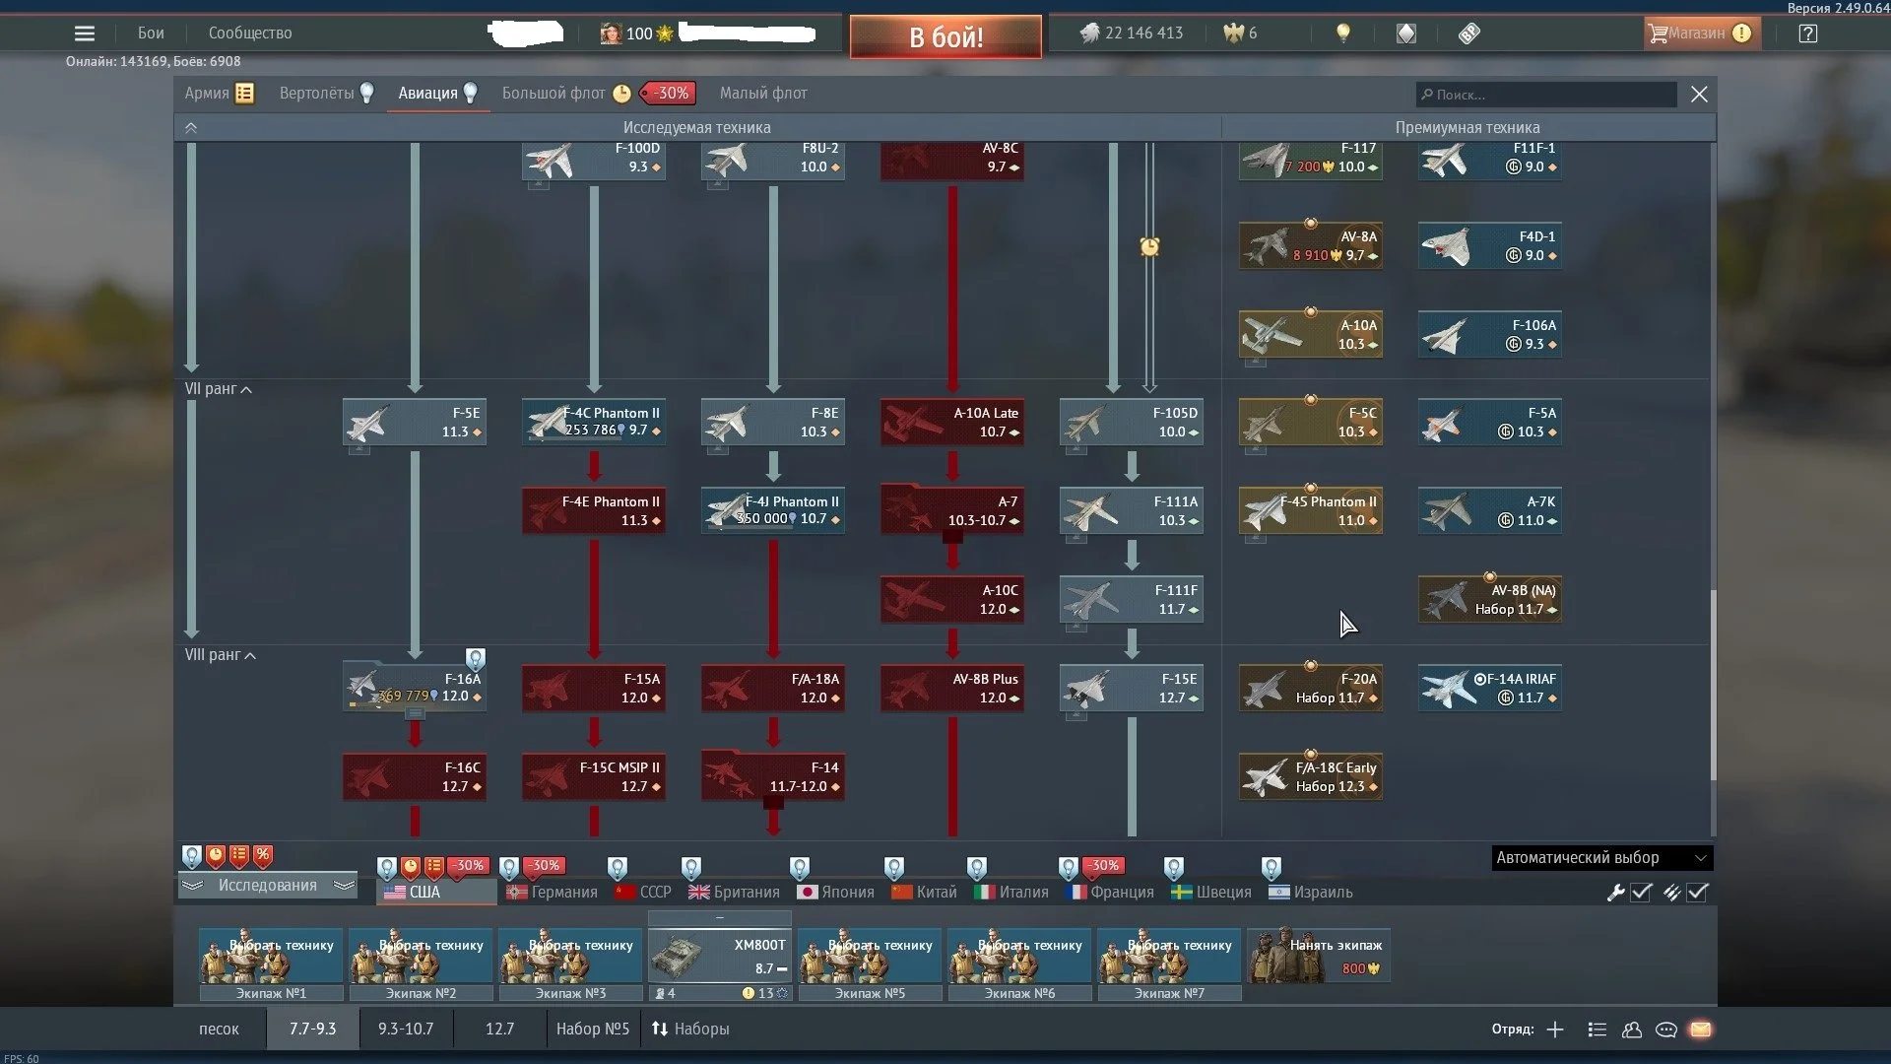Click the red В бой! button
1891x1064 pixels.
tap(945, 36)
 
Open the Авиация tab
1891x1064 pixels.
tap(428, 93)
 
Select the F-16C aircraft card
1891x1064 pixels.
tap(415, 776)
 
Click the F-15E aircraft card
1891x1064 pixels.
tap(1132, 688)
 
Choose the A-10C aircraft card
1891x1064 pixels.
tap(952, 599)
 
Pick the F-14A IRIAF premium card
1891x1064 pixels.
tap(1490, 688)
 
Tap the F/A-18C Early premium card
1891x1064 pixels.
tap(1311, 776)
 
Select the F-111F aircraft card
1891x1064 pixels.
tap(1132, 599)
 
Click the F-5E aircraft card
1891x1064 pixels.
tap(415, 422)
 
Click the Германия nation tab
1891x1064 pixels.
tap(553, 892)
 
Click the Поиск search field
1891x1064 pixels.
tap(1546, 95)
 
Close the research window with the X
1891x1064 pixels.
tap(1699, 95)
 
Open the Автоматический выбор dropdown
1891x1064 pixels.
tap(1601, 857)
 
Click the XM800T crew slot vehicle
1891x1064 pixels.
tap(720, 956)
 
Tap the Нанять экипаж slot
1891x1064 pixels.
tap(1318, 956)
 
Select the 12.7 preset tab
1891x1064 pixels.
tap(499, 1029)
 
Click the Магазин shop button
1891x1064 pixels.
tap(1697, 33)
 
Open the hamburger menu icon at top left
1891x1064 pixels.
tap(85, 33)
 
